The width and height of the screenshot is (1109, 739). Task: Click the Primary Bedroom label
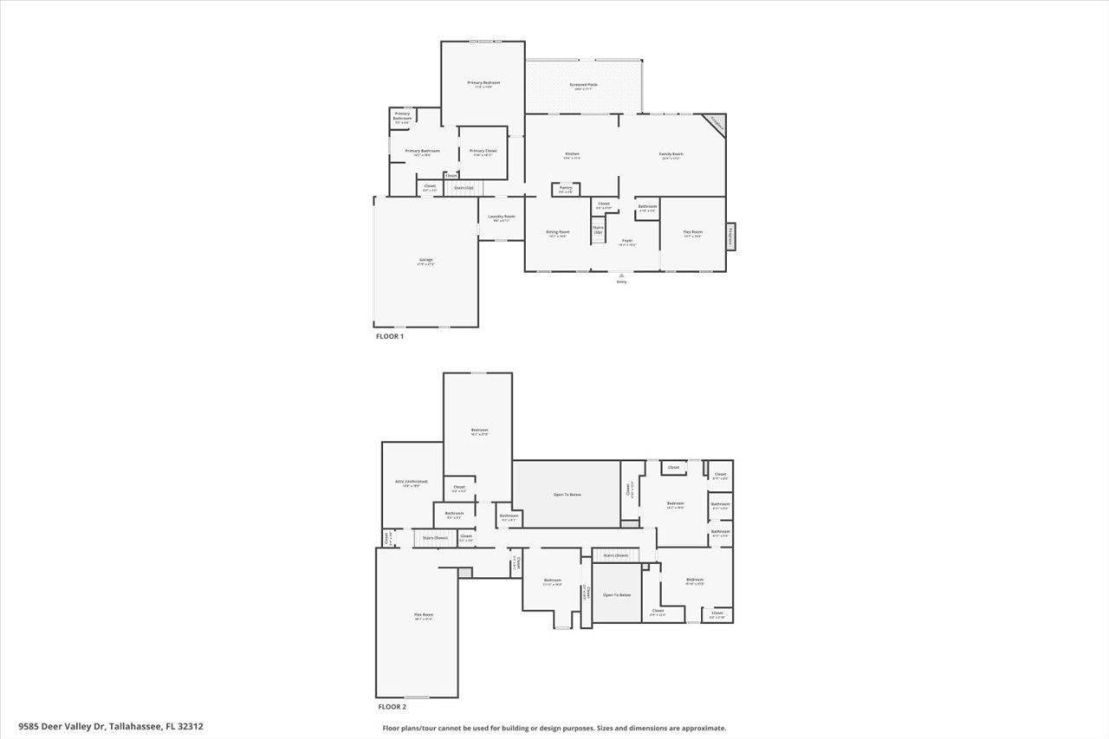[483, 83]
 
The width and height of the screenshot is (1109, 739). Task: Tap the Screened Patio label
[583, 85]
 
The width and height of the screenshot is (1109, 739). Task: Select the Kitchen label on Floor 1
[572, 154]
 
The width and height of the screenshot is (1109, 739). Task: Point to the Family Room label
[671, 154]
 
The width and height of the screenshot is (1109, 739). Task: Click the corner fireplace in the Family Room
[715, 123]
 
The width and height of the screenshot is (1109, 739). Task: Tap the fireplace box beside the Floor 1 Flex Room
[731, 236]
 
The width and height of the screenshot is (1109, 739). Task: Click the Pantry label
[565, 188]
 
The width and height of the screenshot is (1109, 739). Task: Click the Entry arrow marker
[621, 276]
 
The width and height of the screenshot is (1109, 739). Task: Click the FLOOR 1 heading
[390, 336]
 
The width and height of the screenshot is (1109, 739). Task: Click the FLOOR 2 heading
[391, 707]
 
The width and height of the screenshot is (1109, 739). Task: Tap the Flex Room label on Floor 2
[423, 616]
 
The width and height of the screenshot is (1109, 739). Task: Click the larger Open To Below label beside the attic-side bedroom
[567, 495]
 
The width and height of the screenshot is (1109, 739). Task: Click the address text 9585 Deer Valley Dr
[59, 727]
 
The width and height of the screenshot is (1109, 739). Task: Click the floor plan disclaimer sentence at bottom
[554, 729]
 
